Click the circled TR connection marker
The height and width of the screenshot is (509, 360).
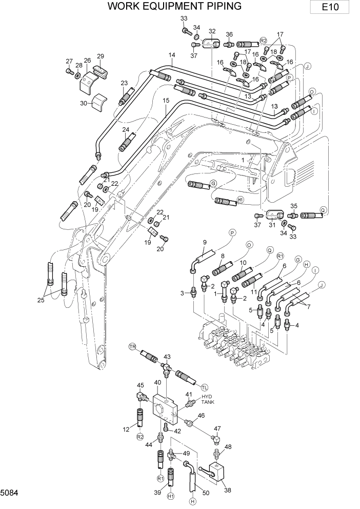(132, 347)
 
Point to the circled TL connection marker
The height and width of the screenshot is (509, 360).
(205, 387)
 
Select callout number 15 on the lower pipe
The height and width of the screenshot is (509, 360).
(166, 101)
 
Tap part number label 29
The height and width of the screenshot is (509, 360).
(101, 56)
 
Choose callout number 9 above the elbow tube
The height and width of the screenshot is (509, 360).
(204, 243)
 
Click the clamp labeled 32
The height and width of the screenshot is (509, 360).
(210, 44)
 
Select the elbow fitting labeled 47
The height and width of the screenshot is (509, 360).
(216, 438)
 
